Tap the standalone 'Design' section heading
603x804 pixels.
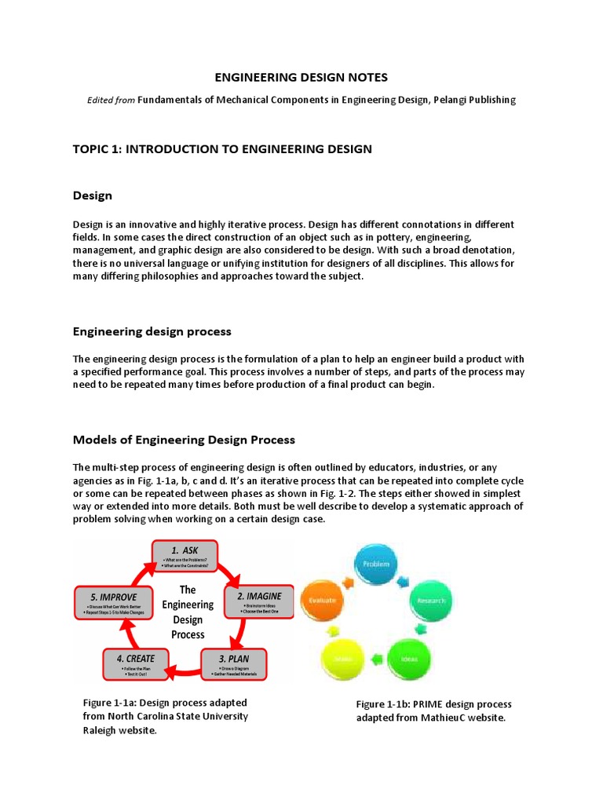(93, 195)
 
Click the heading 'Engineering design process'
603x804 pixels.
(152, 331)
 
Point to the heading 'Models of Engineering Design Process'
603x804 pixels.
(184, 439)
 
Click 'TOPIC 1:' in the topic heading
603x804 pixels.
(98, 148)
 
